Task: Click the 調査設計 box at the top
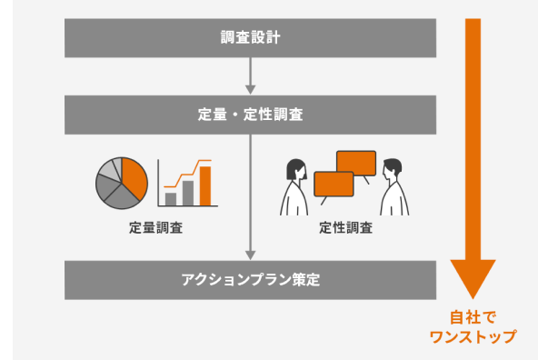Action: [x=251, y=38]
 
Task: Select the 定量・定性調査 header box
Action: [x=251, y=115]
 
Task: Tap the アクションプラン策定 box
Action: [x=251, y=279]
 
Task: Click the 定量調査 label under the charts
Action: [x=155, y=228]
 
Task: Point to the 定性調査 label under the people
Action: [x=345, y=228]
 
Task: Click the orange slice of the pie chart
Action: [x=134, y=177]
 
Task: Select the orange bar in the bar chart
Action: [x=205, y=185]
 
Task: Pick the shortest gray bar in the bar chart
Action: [x=170, y=199]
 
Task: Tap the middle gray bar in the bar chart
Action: [x=188, y=193]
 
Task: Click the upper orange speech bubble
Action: [x=355, y=163]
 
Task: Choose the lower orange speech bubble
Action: [x=333, y=183]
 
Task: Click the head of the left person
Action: [x=296, y=170]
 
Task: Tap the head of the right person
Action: [x=392, y=170]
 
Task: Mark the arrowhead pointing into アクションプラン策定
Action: [x=250, y=255]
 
